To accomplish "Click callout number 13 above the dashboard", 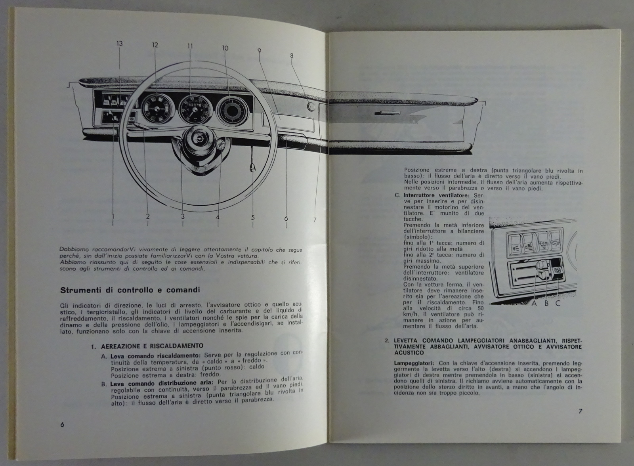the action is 119,44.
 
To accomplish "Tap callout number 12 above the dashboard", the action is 155,45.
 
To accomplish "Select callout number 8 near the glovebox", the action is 292,56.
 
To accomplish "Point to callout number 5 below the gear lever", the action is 253,218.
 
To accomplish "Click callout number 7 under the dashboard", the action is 315,220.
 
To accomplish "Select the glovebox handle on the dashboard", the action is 388,113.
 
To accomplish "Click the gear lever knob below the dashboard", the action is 251,169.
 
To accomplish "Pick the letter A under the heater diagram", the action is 535,304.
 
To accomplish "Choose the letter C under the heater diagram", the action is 558,304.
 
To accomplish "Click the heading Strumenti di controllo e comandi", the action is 130,290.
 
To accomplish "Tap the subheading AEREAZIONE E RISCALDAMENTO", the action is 152,346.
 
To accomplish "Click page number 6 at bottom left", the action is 62,425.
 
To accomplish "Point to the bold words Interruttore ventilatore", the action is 436,195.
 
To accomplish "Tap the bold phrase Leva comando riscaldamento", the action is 156,356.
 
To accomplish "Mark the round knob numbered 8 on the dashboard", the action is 311,107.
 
